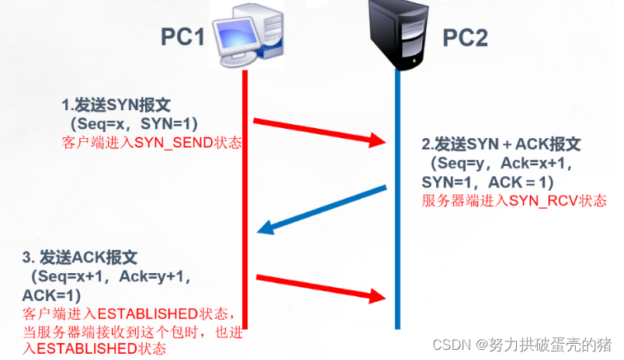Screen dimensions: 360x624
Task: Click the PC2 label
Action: coord(465,37)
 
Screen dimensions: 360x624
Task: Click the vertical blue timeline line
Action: coord(397,233)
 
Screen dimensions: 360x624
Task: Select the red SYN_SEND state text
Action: coord(151,143)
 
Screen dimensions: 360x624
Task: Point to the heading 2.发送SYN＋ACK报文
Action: coord(501,145)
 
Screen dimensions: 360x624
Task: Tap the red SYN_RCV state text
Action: coord(515,200)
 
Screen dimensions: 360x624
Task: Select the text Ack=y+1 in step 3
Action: coord(160,276)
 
